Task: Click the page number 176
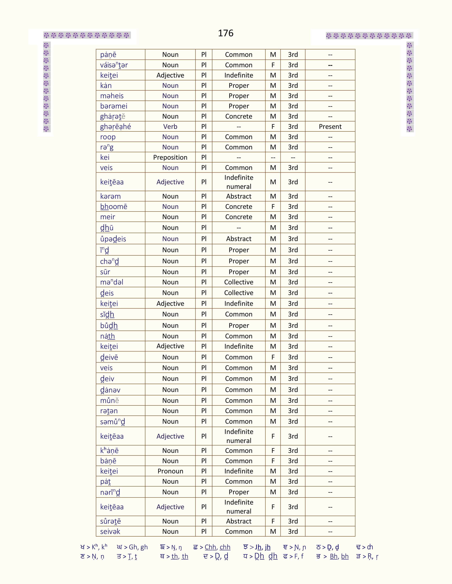(x=225, y=33)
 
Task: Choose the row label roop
(x=108, y=137)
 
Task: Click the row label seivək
(x=110, y=531)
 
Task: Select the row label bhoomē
(x=114, y=207)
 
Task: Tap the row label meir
(x=108, y=217)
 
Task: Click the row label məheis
(x=112, y=96)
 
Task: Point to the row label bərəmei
(x=114, y=106)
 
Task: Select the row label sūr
(x=105, y=272)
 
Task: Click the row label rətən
(x=109, y=411)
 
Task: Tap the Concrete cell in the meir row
(x=239, y=217)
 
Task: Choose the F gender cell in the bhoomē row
(x=273, y=207)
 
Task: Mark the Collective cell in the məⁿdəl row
(x=239, y=282)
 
